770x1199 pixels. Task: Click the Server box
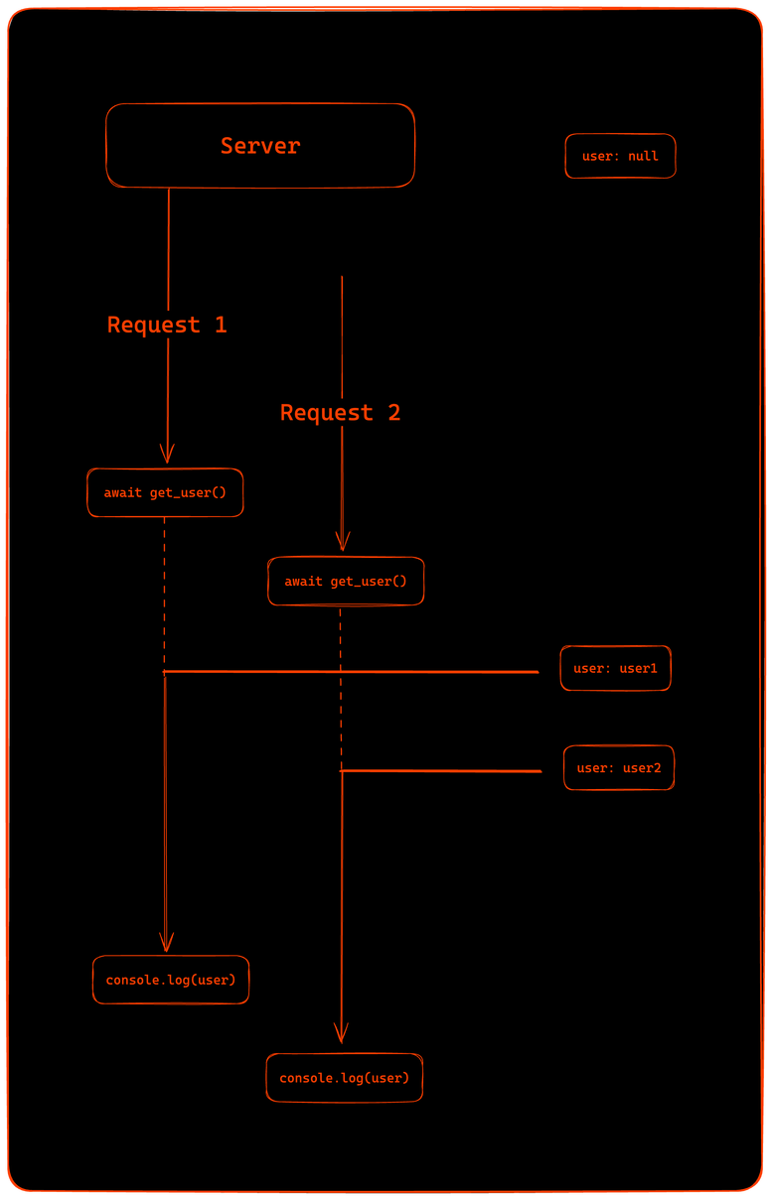(260, 146)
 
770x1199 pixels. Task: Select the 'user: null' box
(620, 156)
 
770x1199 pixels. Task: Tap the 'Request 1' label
(167, 325)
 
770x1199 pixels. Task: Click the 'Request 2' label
(340, 412)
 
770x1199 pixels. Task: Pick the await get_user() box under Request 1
(165, 492)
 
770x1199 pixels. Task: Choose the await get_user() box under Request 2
(346, 581)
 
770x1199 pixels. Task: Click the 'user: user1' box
(615, 668)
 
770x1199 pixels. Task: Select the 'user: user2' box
(618, 767)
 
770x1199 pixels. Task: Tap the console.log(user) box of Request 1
(171, 980)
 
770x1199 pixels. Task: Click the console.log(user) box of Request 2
(344, 1077)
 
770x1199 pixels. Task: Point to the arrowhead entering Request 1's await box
(167, 455)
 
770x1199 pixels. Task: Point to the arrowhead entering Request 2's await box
(342, 542)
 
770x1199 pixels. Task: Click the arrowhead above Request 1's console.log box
(166, 943)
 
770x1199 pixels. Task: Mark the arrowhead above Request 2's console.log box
(341, 1033)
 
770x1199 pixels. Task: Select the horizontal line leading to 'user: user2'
(442, 770)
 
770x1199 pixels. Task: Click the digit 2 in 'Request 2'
(393, 412)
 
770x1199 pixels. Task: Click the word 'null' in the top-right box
(643, 156)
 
